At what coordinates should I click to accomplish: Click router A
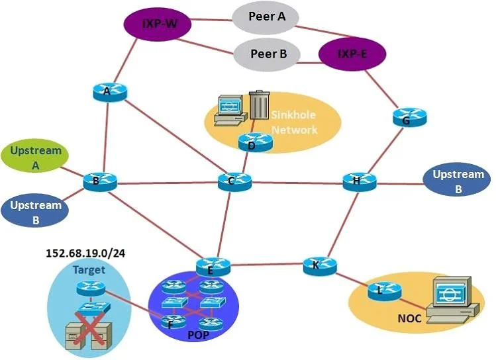click(110, 92)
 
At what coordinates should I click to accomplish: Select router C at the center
click(234, 181)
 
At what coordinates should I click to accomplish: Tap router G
click(410, 117)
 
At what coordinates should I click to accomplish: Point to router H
click(360, 182)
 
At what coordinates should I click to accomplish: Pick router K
click(320, 266)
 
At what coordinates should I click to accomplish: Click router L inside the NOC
click(384, 291)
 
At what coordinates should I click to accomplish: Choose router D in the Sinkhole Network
click(255, 142)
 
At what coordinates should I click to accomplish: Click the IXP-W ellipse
click(157, 24)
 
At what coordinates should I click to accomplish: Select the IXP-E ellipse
click(352, 54)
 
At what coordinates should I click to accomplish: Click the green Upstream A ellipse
click(35, 156)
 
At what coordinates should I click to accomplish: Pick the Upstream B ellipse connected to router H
click(457, 179)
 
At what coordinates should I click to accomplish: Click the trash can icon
click(260, 105)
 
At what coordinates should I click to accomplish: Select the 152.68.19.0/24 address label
click(85, 253)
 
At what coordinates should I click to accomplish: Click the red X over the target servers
click(90, 328)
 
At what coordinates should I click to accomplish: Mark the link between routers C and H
click(297, 183)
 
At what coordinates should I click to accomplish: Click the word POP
click(199, 335)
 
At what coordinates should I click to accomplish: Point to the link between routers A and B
click(106, 138)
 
